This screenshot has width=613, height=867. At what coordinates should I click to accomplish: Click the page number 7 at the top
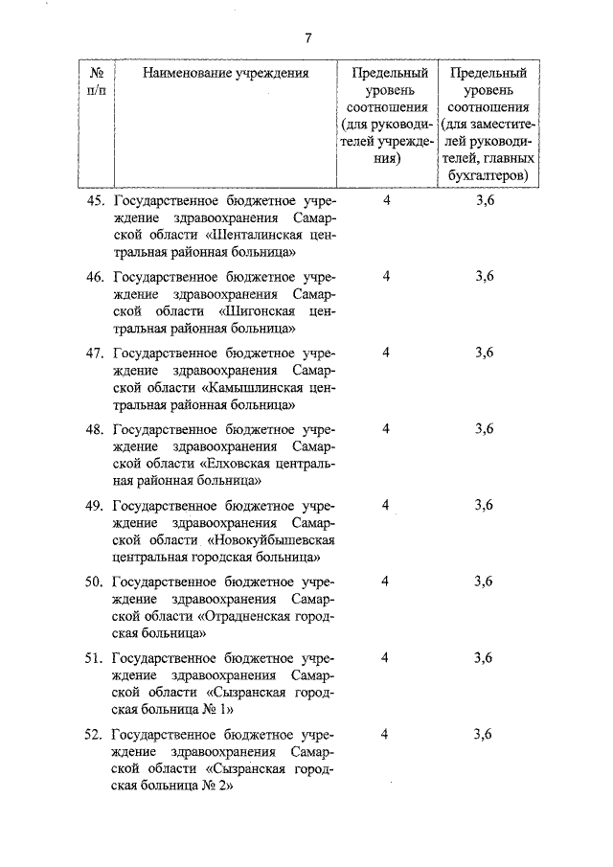click(x=308, y=38)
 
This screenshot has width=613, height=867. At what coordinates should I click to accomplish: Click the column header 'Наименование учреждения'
click(x=226, y=73)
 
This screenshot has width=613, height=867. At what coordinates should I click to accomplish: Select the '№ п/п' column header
click(x=96, y=81)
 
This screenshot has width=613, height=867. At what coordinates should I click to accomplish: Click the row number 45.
click(x=94, y=201)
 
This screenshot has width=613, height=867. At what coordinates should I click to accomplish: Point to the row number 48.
click(x=94, y=429)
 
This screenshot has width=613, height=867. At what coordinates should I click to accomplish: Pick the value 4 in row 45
click(x=386, y=201)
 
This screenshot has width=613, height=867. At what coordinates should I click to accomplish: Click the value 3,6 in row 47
click(x=484, y=353)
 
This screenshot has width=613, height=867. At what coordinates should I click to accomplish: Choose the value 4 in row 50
click(x=385, y=582)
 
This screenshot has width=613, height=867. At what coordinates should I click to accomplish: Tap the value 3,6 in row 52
click(x=484, y=734)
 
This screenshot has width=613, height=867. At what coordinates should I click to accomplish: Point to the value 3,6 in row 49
click(x=484, y=505)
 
